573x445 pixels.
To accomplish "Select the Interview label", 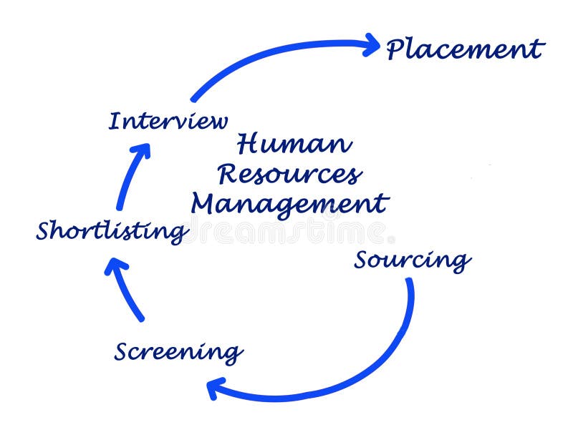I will coord(168,121).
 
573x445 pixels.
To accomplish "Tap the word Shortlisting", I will coord(112,231).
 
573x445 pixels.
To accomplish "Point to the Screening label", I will coord(178,352).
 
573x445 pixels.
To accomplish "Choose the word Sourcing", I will coord(413,260).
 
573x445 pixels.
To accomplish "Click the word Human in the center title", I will coord(294,144).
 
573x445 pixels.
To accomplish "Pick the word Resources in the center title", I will coord(290,174).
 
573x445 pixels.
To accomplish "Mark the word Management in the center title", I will coord(289,204).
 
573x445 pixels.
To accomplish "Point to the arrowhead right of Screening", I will coord(214,388).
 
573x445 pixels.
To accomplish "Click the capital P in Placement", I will coord(396,49).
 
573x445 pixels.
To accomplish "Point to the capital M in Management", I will coord(205,203).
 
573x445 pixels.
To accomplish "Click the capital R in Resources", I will coord(229,173).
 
